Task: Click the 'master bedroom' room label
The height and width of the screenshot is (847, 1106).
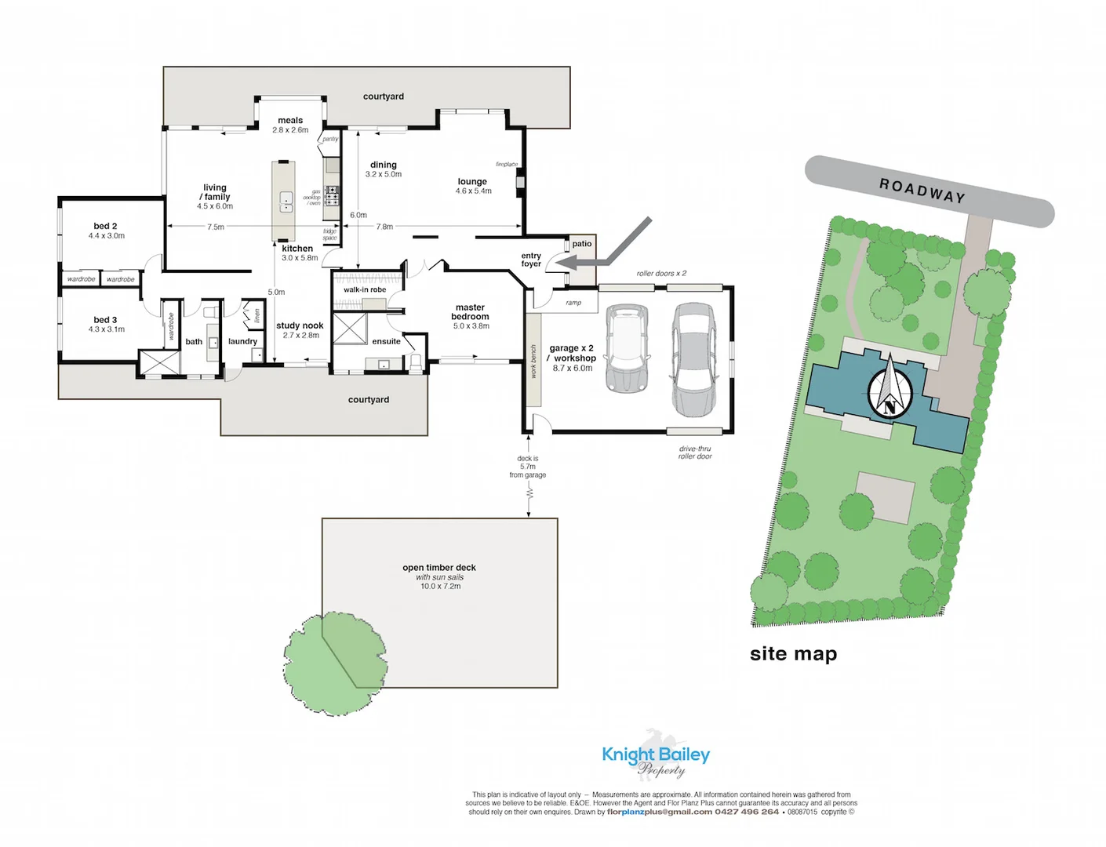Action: point(470,312)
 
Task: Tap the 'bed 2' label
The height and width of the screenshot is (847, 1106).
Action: point(105,226)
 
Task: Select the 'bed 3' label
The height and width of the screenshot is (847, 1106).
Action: point(105,320)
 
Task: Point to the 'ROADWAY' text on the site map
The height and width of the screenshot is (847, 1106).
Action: point(922,191)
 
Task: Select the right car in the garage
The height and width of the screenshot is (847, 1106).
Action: point(693,359)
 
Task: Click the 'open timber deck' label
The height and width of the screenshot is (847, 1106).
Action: point(439,567)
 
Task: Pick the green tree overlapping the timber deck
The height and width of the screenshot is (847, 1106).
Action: point(335,663)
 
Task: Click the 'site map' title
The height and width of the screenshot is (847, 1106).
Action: point(793,653)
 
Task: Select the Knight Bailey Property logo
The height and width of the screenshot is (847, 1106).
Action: point(656,756)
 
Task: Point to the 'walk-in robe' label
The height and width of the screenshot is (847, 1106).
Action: point(365,289)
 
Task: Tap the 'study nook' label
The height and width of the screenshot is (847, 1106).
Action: point(300,325)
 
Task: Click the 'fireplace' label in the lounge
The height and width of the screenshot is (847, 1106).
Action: point(507,165)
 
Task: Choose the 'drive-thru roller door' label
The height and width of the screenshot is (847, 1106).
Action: point(695,453)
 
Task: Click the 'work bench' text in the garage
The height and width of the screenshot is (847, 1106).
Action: point(533,362)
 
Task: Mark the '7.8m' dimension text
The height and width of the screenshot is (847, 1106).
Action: point(384,227)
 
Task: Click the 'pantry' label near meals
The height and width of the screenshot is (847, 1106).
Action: point(330,139)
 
